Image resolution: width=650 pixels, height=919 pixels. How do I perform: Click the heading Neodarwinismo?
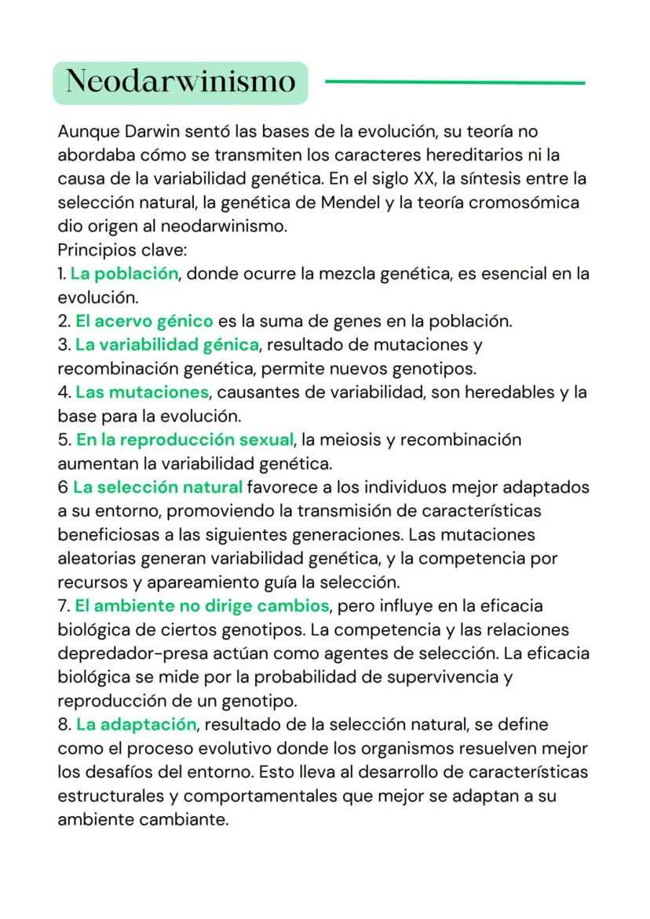(180, 82)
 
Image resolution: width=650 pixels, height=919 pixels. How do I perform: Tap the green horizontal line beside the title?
(455, 82)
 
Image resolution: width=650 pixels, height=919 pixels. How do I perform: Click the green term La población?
(124, 274)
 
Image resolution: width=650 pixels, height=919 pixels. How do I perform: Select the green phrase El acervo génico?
(144, 321)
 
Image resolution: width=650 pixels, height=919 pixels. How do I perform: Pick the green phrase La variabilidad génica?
(167, 345)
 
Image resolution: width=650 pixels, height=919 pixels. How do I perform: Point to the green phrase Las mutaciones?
(142, 391)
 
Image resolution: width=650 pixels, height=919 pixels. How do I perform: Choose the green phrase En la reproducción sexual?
(184, 439)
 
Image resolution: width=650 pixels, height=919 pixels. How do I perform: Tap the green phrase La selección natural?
(158, 487)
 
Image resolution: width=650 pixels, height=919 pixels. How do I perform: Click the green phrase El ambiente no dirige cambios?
(202, 606)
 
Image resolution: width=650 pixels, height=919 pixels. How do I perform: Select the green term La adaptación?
(136, 724)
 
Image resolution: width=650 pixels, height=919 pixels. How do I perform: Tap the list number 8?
(63, 724)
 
